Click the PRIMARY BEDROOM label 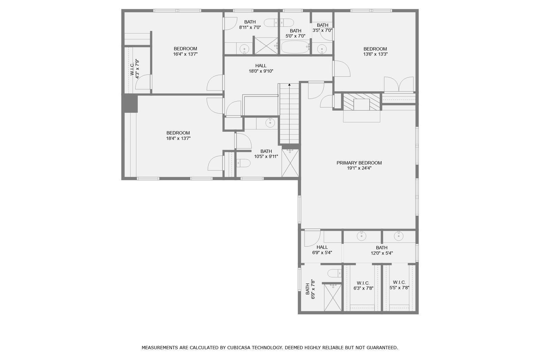click(x=359, y=163)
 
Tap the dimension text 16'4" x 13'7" click(x=185, y=54)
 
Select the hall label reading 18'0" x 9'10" click(x=261, y=71)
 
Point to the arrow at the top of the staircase click(x=289, y=85)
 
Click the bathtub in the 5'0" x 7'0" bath click(x=295, y=47)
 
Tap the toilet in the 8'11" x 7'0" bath click(x=274, y=23)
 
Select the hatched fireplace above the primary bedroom click(x=361, y=102)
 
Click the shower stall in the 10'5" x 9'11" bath click(x=290, y=163)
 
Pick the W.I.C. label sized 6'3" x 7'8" click(x=363, y=286)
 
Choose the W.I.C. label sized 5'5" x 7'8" click(x=399, y=285)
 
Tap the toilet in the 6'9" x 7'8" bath click(x=335, y=273)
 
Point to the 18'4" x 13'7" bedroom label click(x=178, y=135)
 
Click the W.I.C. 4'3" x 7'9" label click(x=135, y=69)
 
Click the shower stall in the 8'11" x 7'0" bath click(x=266, y=46)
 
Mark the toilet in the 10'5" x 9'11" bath click(x=243, y=163)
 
